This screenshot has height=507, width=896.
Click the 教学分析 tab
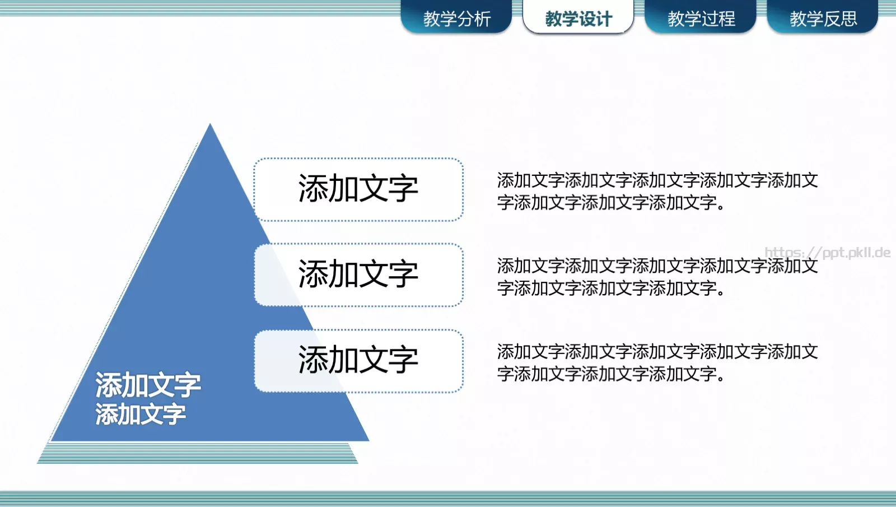456,18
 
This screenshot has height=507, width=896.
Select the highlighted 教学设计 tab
578,18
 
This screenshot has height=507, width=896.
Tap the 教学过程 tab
701,18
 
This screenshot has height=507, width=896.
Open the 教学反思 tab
823,18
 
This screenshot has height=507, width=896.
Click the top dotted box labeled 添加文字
358,189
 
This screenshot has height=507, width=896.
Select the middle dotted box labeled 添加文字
358,275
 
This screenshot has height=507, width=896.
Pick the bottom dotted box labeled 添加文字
358,360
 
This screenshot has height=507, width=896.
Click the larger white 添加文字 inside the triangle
148,385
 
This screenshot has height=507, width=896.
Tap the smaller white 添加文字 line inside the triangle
140,415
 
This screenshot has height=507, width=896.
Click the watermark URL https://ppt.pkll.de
827,253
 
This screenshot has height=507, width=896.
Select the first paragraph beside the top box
657,191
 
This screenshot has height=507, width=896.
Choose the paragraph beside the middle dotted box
657,277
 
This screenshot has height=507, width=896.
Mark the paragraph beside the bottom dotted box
657,362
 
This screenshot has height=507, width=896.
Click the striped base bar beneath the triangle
197,453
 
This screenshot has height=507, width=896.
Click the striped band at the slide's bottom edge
448,498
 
